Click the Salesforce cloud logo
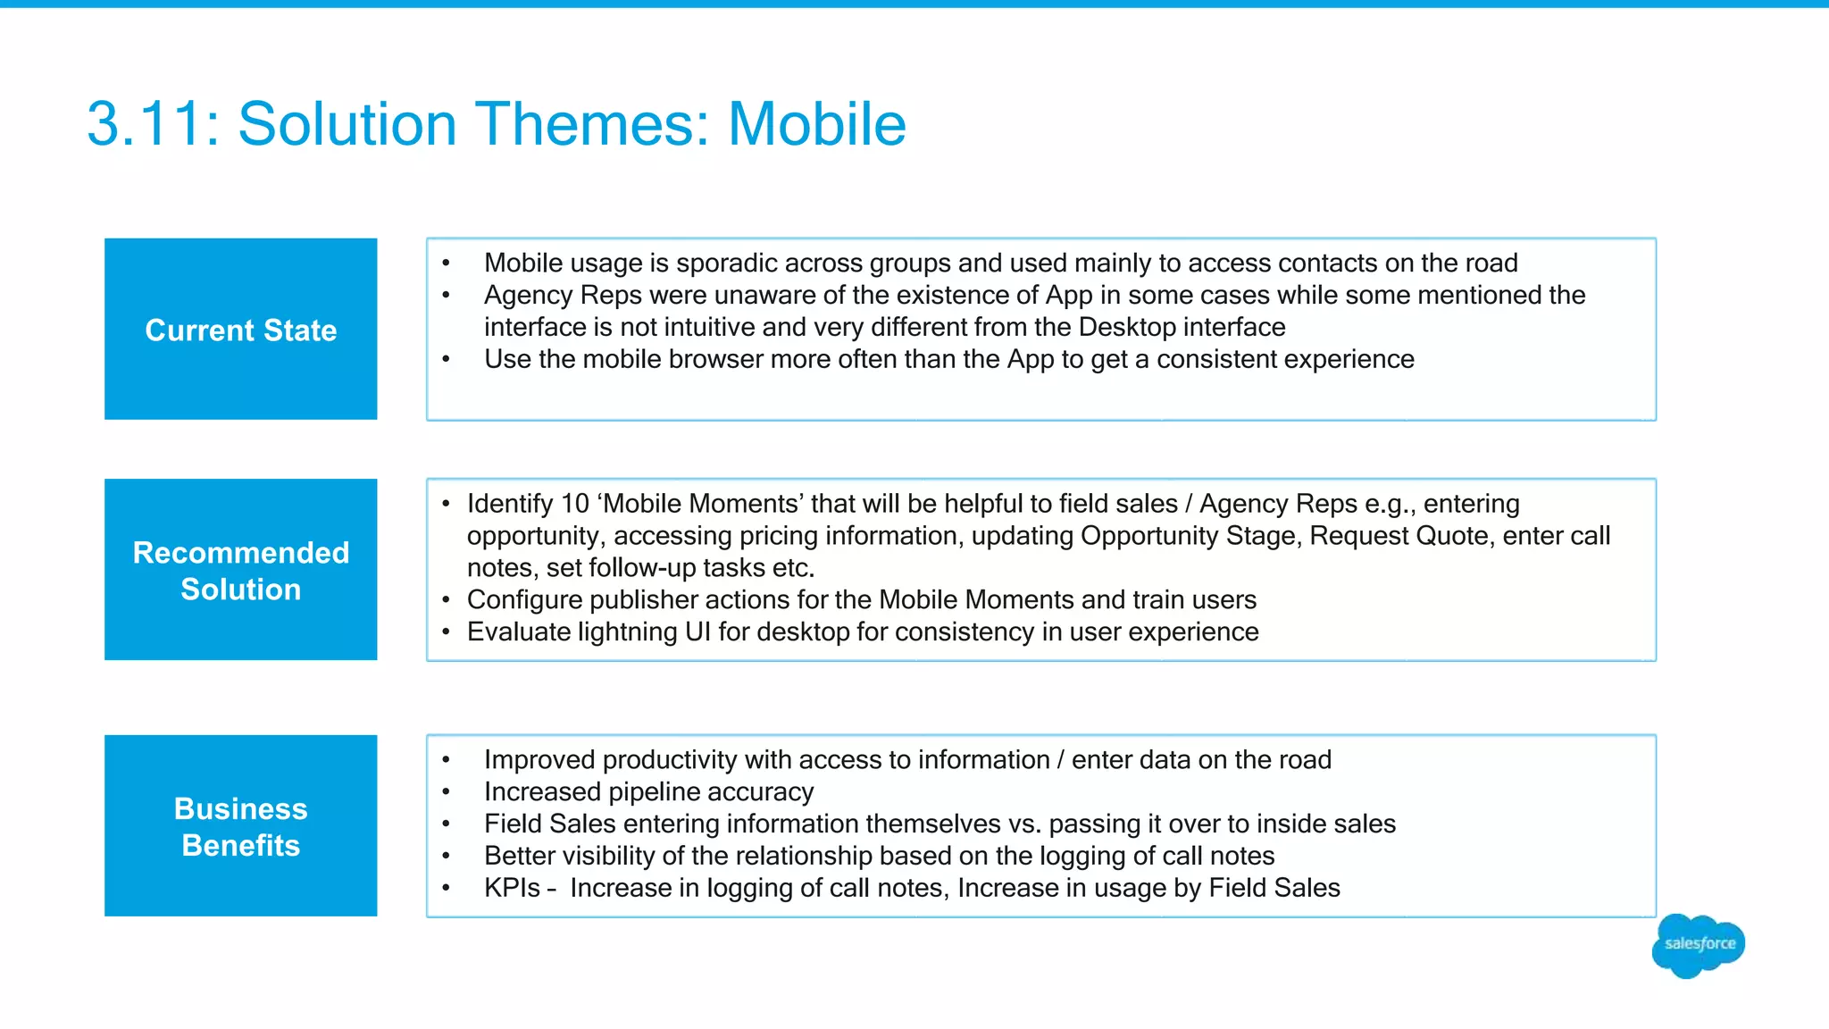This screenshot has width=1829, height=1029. click(x=1699, y=945)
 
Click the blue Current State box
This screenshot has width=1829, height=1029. click(x=240, y=329)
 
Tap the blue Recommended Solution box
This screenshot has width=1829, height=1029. click(x=240, y=570)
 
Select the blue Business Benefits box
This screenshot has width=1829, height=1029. click(x=240, y=825)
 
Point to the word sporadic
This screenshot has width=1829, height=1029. click(x=724, y=263)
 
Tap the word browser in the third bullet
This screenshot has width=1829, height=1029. click(x=715, y=359)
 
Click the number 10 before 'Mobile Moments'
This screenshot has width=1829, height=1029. click(x=574, y=504)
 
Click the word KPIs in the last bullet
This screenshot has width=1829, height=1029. click(x=512, y=888)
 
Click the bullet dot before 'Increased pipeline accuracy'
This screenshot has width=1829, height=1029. click(x=446, y=792)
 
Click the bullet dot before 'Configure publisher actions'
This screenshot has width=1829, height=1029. click(x=446, y=599)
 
